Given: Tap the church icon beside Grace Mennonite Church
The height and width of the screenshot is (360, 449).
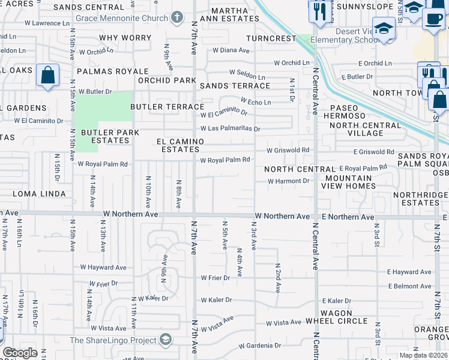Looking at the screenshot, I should (176, 17).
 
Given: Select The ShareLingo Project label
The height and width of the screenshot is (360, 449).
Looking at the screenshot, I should (112, 340).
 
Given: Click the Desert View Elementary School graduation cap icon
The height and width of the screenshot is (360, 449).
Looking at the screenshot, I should (384, 29).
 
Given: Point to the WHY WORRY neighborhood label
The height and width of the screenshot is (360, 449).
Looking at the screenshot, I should (125, 38).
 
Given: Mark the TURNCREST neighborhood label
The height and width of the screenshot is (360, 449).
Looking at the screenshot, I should (271, 38).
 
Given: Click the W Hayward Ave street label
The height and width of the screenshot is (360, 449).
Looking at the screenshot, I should (103, 268).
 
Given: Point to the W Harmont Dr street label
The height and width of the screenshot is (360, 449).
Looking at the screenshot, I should (288, 181).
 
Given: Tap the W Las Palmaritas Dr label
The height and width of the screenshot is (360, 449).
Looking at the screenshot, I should (230, 128).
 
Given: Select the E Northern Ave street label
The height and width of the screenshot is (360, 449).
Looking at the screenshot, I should (348, 217).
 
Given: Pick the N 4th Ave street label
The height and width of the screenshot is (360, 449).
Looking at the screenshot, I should (239, 262).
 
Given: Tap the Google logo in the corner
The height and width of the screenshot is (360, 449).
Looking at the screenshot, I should (20, 353).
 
